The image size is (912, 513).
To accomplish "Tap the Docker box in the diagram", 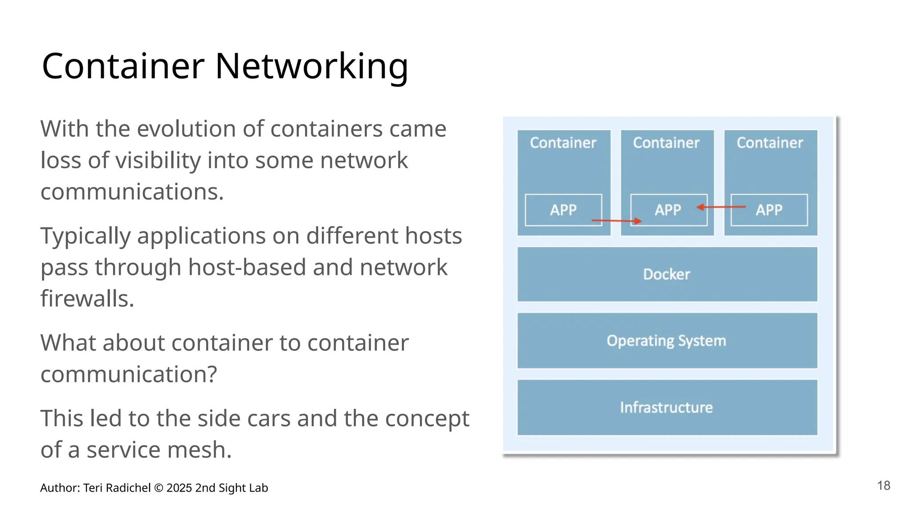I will [x=667, y=274].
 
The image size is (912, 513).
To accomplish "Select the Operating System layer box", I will [x=667, y=341].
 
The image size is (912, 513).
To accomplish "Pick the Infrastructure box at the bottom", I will [x=667, y=407].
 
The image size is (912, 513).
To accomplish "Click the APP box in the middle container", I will [x=668, y=210].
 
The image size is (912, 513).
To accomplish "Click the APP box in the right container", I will [x=769, y=210].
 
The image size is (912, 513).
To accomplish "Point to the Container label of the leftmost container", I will [x=563, y=143].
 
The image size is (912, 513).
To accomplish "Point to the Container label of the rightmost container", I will [x=769, y=143].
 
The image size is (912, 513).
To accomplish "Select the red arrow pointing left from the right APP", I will [x=721, y=207].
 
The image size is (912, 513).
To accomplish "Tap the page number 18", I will [x=883, y=485].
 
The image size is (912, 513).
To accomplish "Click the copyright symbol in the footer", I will [x=159, y=488].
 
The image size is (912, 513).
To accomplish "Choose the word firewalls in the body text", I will [x=87, y=298].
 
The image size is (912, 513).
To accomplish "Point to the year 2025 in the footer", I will [x=179, y=488].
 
